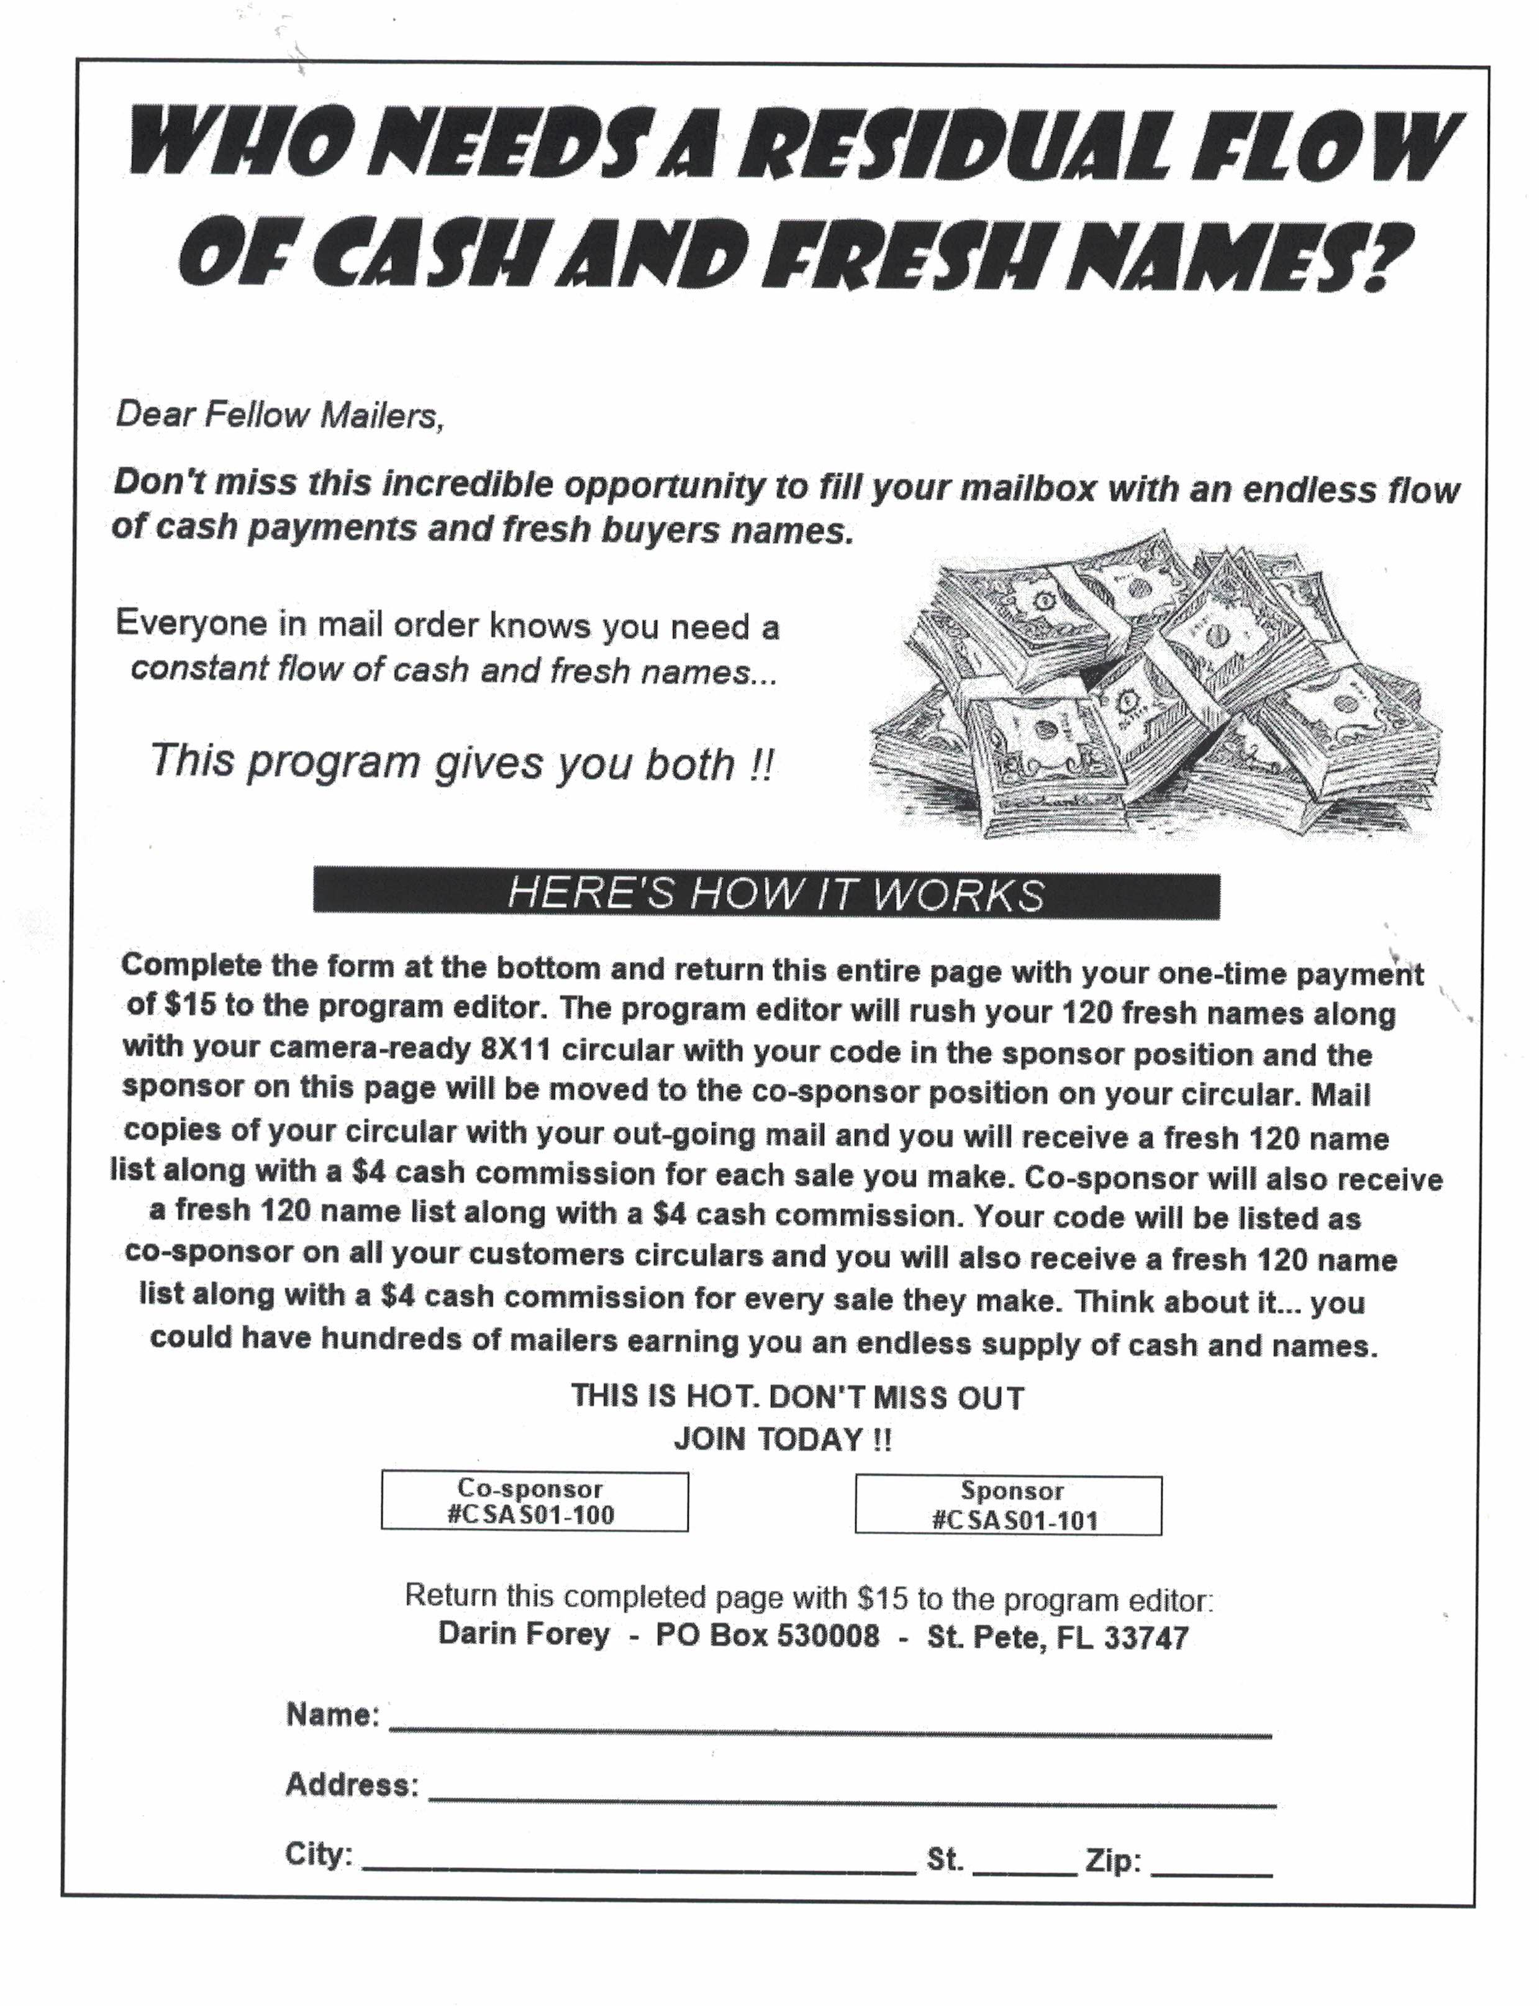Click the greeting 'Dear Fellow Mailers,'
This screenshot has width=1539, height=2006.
click(279, 415)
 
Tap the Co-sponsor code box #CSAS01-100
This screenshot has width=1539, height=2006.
click(534, 1501)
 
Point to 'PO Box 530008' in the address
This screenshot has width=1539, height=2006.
click(767, 1636)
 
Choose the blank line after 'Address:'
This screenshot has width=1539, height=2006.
click(852, 1801)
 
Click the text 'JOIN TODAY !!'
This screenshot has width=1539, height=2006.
click(783, 1439)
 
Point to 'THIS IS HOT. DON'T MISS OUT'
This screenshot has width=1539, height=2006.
click(797, 1396)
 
